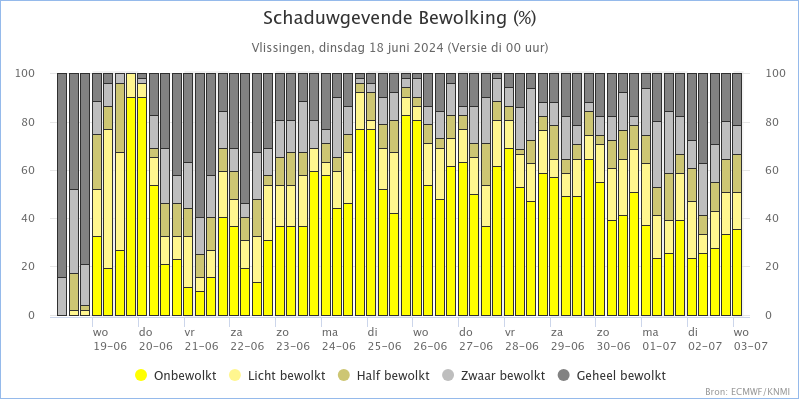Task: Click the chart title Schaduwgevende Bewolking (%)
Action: pyautogui.click(x=399, y=18)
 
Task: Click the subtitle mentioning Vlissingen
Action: pyautogui.click(x=399, y=48)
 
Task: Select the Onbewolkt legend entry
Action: pyautogui.click(x=176, y=376)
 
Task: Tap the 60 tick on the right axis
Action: pyautogui.click(x=771, y=170)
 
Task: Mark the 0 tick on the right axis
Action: pyautogui.click(x=769, y=315)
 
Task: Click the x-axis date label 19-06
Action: pyautogui.click(x=110, y=345)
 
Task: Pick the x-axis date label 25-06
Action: pyautogui.click(x=384, y=345)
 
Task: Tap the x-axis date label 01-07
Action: pyautogui.click(x=659, y=345)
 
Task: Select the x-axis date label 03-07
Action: pyautogui.click(x=750, y=345)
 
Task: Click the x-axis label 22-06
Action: pyautogui.click(x=247, y=345)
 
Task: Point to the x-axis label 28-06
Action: pyautogui.click(x=521, y=345)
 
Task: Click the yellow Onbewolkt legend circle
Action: pyautogui.click(x=141, y=376)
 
